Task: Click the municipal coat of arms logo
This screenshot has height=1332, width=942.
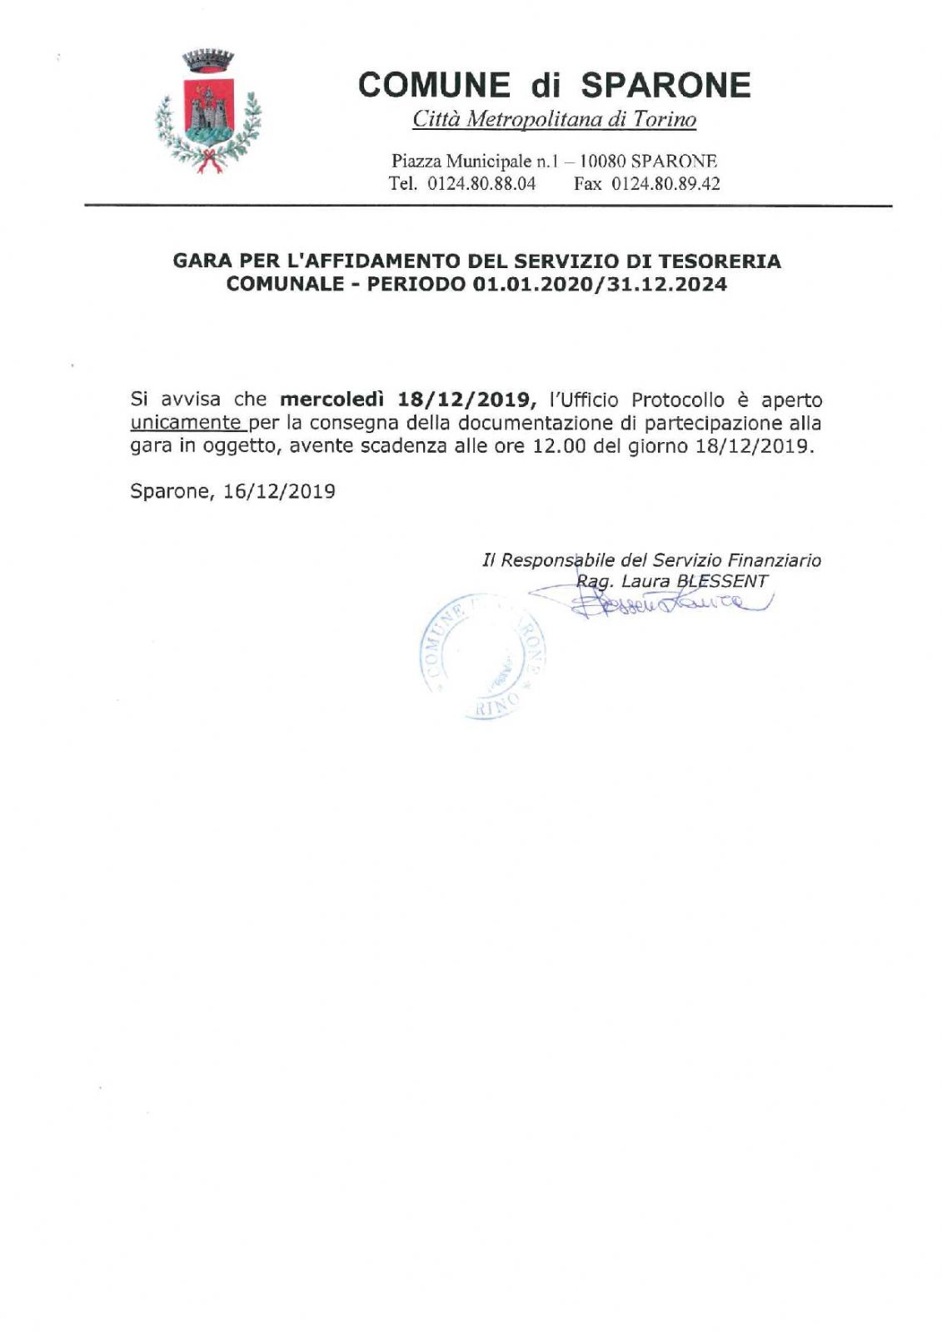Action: tap(208, 112)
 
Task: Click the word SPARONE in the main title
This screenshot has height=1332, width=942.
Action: tap(665, 85)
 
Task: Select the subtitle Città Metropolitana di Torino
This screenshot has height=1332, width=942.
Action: tap(554, 120)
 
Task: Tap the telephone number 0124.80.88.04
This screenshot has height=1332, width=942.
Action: tap(481, 183)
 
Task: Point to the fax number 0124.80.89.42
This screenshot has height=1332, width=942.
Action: tap(665, 183)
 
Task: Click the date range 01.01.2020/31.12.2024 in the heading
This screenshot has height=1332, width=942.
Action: tap(600, 285)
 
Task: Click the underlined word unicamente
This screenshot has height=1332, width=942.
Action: tap(185, 422)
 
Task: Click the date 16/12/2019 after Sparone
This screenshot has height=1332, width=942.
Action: tap(279, 491)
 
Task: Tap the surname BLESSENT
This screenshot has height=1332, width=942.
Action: tap(722, 581)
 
